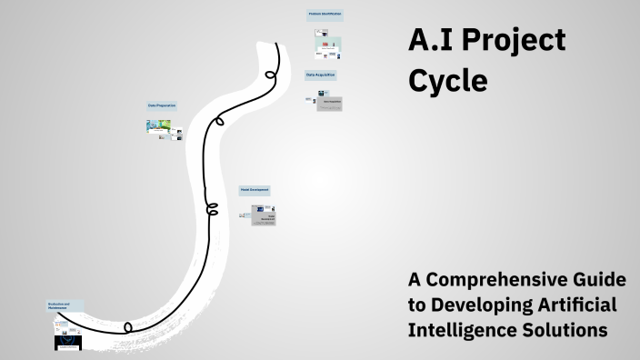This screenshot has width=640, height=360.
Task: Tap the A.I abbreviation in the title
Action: (430, 41)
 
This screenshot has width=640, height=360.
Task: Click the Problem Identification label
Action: (325, 15)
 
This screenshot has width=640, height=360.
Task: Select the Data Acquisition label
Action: (320, 75)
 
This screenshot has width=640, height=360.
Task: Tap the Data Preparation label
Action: (162, 105)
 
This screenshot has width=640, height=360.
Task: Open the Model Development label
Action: (254, 190)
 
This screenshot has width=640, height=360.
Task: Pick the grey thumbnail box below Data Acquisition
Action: (328, 104)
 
